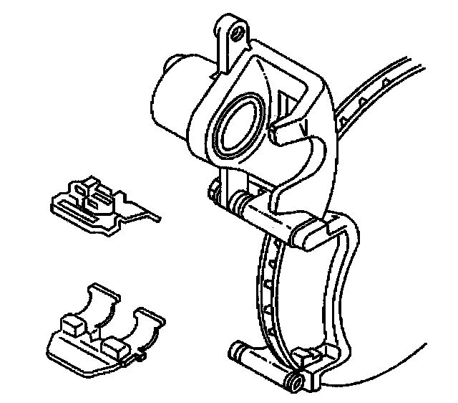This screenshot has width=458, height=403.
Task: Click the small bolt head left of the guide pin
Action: [x=213, y=191]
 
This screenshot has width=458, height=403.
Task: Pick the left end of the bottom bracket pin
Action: [x=237, y=351]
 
